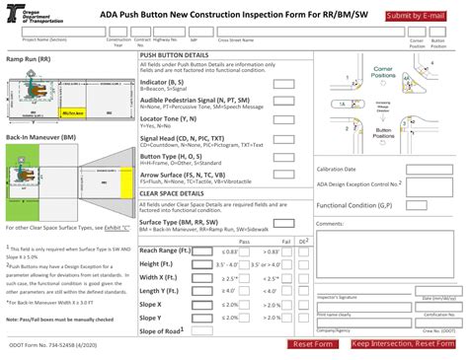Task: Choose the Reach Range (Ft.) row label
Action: click(x=166, y=252)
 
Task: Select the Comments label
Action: click(x=330, y=224)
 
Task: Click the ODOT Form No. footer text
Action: click(x=47, y=343)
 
